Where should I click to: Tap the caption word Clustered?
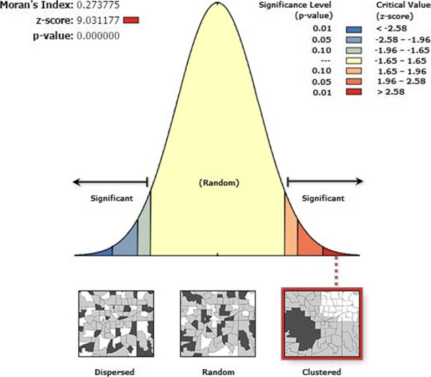point(322,371)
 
